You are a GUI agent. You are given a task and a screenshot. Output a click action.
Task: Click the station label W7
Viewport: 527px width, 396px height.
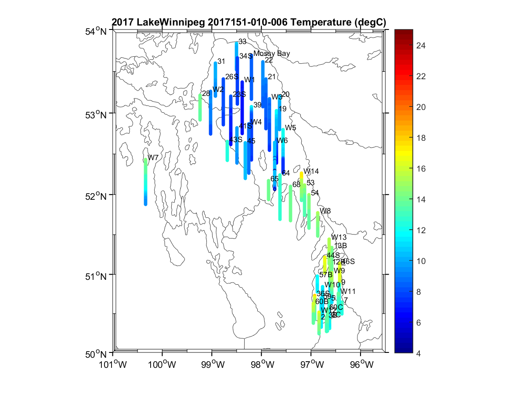point(153,158)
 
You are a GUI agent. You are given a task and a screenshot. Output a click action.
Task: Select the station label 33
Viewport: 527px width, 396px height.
point(242,41)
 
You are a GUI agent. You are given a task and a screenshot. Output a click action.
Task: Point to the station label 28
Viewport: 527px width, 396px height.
point(206,93)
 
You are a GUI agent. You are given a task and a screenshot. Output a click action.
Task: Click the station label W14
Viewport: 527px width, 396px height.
point(311,171)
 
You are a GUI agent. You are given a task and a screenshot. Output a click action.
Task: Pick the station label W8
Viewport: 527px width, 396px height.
point(325,211)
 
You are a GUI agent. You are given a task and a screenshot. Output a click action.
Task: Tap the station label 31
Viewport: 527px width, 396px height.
point(221,61)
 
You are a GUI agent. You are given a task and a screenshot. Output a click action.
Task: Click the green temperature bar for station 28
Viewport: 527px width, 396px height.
point(200,107)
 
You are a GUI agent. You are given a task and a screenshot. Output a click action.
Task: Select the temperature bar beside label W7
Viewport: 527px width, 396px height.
point(145,182)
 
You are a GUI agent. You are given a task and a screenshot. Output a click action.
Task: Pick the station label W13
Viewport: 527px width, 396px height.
point(339,238)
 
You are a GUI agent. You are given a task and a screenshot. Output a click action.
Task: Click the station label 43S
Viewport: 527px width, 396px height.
point(236,139)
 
